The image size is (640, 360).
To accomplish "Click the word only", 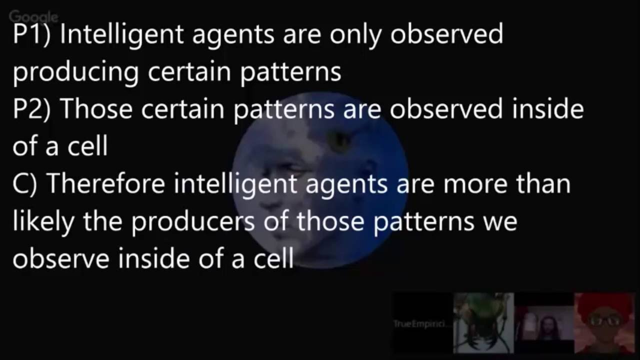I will pyautogui.click(x=351, y=35).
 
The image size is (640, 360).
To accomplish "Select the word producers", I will pyautogui.click(x=193, y=221).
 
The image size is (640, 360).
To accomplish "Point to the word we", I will pyautogui.click(x=500, y=221).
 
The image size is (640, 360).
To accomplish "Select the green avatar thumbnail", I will pyautogui.click(x=483, y=323).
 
